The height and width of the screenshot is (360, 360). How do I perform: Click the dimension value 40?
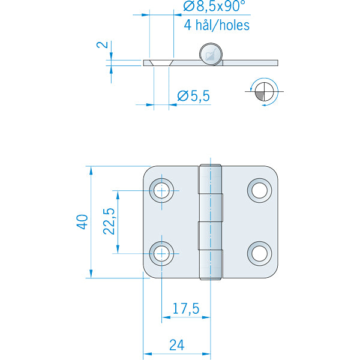tap(83, 221)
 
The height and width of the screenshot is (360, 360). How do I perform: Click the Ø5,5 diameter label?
tap(193, 95)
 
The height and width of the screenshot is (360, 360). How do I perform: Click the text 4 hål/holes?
tap(215, 25)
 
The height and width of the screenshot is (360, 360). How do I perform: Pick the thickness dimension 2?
tap(103, 45)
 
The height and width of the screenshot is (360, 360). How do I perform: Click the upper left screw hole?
tap(161, 190)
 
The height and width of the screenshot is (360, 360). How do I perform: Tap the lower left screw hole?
tap(161, 253)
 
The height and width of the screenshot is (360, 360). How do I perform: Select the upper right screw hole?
tap(259, 190)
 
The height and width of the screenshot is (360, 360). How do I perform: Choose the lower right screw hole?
tap(259, 253)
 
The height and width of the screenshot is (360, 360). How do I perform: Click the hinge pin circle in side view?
tap(211, 54)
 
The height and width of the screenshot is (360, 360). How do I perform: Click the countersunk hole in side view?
tap(161, 62)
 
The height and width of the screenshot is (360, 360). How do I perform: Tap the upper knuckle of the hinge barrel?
tap(211, 193)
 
